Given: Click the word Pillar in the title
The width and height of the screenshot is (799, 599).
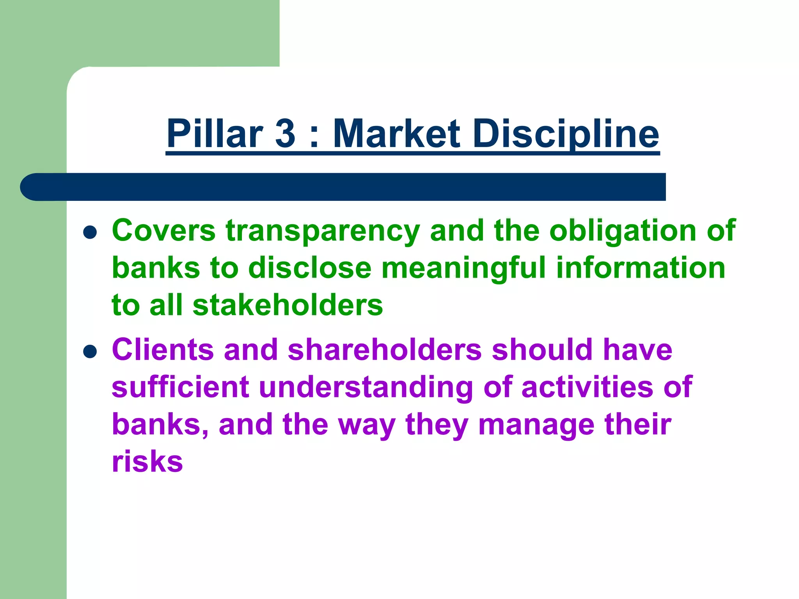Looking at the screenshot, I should pos(215,133).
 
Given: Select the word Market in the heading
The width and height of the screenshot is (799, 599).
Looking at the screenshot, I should pos(396,133).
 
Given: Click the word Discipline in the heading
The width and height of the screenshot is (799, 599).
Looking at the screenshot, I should pos(566,133).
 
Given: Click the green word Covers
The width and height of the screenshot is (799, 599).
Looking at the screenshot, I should pos(163,230).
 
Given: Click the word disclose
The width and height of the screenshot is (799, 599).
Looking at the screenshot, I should pos(310,268).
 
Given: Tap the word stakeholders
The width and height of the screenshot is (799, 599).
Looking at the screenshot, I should pos(288,305).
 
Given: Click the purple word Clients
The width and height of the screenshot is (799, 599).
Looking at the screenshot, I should pos(163,349).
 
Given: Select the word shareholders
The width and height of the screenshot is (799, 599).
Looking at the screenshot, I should pos(385,349).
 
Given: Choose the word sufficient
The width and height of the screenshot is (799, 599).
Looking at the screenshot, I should pos(180,387).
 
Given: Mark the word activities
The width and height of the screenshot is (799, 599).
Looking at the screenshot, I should pos(587,387).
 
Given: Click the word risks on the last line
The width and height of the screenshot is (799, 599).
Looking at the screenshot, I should pos(147,462).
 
